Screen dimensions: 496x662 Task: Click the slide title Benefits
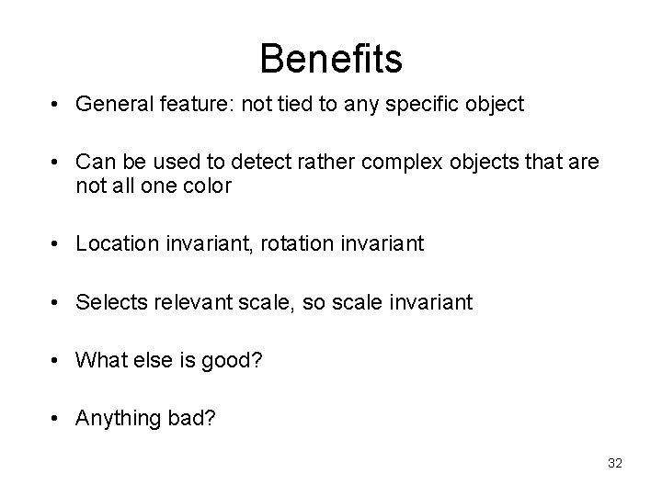click(x=331, y=59)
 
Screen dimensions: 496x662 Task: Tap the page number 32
click(x=614, y=463)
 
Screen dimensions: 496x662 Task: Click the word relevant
click(x=187, y=301)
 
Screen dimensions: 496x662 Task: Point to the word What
click(x=97, y=359)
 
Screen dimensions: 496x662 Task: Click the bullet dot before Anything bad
click(x=57, y=418)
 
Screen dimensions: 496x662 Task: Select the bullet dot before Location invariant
click(x=57, y=244)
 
